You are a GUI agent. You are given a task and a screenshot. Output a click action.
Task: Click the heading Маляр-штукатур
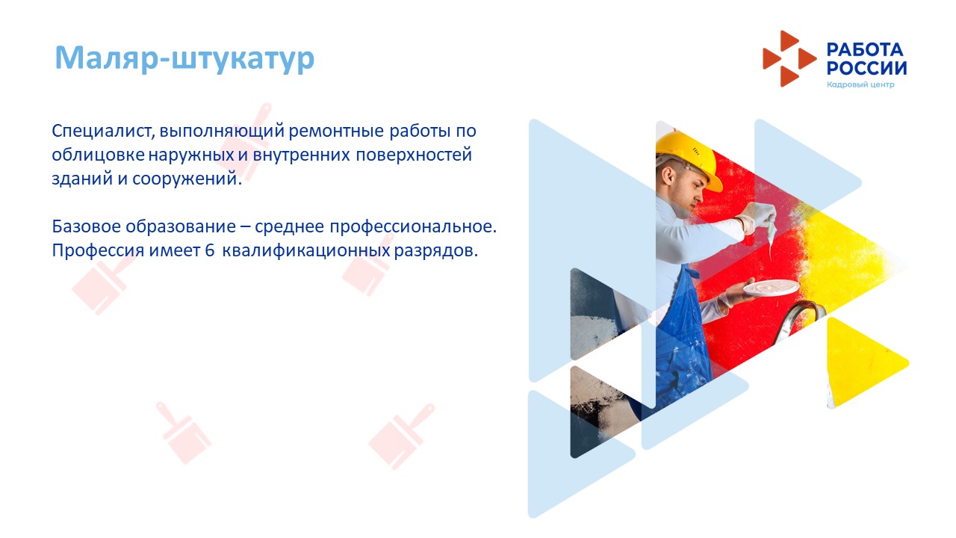click(x=184, y=58)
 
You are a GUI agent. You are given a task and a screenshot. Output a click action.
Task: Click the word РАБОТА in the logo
click(x=865, y=50)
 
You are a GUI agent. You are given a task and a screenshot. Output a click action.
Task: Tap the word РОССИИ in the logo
click(x=867, y=68)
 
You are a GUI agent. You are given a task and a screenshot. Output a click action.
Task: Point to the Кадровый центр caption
click(x=860, y=84)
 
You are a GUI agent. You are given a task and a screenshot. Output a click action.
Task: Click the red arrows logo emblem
click(x=789, y=58)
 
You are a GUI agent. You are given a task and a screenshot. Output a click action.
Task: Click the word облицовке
click(x=98, y=155)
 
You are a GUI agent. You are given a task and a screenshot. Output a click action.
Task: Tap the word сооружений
click(x=187, y=179)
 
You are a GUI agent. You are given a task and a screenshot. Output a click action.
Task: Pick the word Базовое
click(x=86, y=226)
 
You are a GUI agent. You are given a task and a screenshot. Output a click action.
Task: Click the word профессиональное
click(x=413, y=226)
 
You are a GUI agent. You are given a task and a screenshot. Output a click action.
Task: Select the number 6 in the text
click(x=209, y=250)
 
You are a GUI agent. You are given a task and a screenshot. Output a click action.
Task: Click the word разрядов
click(x=435, y=250)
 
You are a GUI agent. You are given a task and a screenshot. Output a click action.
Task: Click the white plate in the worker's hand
click(x=772, y=288)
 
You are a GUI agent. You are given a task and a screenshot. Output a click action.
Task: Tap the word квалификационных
click(x=306, y=250)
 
